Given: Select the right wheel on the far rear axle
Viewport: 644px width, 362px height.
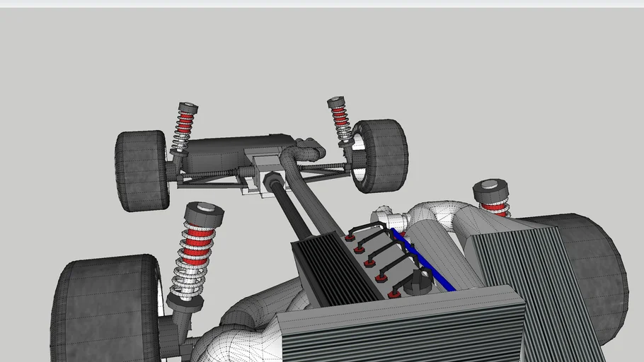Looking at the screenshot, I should click(382, 155).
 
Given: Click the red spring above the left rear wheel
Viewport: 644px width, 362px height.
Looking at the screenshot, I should click(185, 127).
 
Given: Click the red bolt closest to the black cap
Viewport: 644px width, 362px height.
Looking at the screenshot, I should click(394, 293).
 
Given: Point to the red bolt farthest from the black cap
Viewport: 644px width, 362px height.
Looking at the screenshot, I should click(349, 238).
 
